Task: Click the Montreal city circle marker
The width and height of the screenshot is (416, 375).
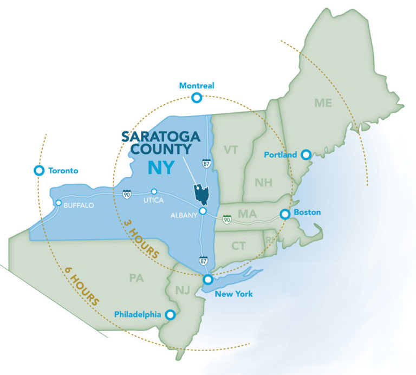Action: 196,98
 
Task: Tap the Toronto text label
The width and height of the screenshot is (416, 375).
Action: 63,171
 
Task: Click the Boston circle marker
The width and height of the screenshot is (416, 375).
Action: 285,215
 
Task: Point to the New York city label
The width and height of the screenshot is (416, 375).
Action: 233,294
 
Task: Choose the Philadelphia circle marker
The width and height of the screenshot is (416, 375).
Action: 170,314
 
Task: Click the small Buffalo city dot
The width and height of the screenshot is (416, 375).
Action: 58,203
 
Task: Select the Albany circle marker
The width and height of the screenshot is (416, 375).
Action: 202,211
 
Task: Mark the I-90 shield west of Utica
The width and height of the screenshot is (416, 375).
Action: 126,194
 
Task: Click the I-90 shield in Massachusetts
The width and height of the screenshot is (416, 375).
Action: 228,219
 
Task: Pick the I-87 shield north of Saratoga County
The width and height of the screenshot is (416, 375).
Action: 206,163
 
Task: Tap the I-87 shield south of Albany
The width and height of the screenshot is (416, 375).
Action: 203,261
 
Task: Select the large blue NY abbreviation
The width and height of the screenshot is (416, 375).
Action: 161,167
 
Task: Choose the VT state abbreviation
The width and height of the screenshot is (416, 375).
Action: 231,150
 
